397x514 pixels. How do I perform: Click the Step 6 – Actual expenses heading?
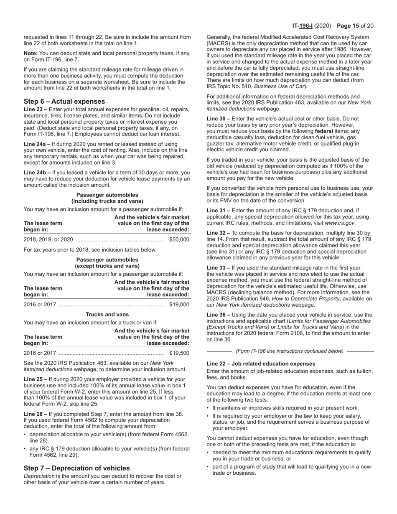coord(64,102)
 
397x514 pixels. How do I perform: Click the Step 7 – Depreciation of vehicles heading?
coord(76,468)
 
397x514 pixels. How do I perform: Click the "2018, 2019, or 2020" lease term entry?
coord(48,239)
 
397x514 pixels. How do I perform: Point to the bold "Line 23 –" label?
coord(36,109)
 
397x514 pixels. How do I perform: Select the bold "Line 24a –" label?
coord(37,144)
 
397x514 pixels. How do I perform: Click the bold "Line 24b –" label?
coord(37,173)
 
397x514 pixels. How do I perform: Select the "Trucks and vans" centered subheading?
coord(107,314)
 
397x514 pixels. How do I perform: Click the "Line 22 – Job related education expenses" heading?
coord(261,364)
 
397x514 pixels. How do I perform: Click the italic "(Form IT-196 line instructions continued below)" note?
coord(290,351)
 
